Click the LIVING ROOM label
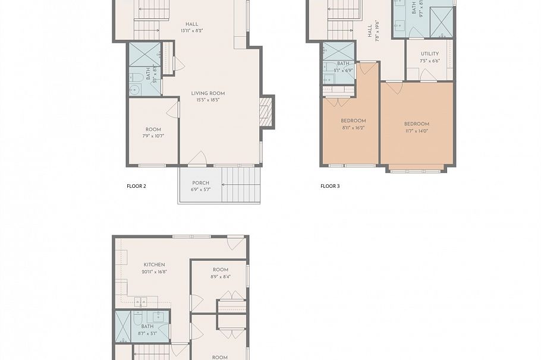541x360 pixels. (x=207, y=93)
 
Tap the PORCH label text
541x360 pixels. (x=200, y=183)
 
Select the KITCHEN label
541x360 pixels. (x=154, y=265)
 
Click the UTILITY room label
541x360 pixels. (x=429, y=54)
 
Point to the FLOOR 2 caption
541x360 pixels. (x=136, y=186)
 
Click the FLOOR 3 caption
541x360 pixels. (x=330, y=186)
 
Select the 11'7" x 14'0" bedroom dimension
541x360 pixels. (x=416, y=131)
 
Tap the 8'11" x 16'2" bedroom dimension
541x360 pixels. (x=353, y=128)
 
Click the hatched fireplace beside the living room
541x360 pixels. (x=266, y=112)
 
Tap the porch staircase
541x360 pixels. (x=240, y=185)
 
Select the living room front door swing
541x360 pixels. (x=197, y=158)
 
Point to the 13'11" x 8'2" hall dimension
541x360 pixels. (x=191, y=31)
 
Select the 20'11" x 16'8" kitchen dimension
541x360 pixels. (x=154, y=271)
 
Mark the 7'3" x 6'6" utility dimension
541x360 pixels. (x=429, y=61)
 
